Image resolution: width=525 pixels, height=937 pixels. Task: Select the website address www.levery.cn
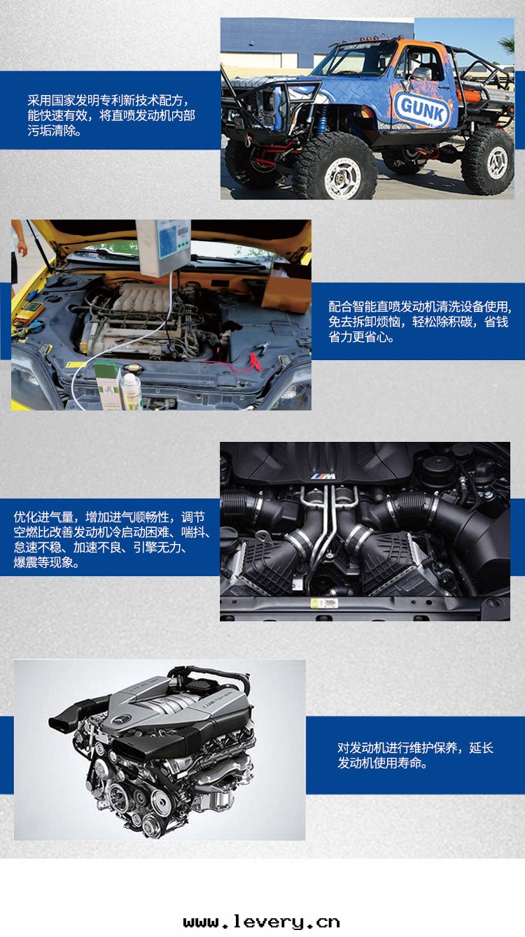click(261, 922)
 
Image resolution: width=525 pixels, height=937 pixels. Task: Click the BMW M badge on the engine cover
click(323, 476)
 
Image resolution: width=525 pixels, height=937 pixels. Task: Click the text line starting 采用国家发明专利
click(108, 100)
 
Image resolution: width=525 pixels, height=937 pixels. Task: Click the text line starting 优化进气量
click(109, 517)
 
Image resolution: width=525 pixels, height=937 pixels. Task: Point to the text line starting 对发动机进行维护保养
click(415, 748)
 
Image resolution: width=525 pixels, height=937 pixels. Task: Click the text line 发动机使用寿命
click(382, 763)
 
